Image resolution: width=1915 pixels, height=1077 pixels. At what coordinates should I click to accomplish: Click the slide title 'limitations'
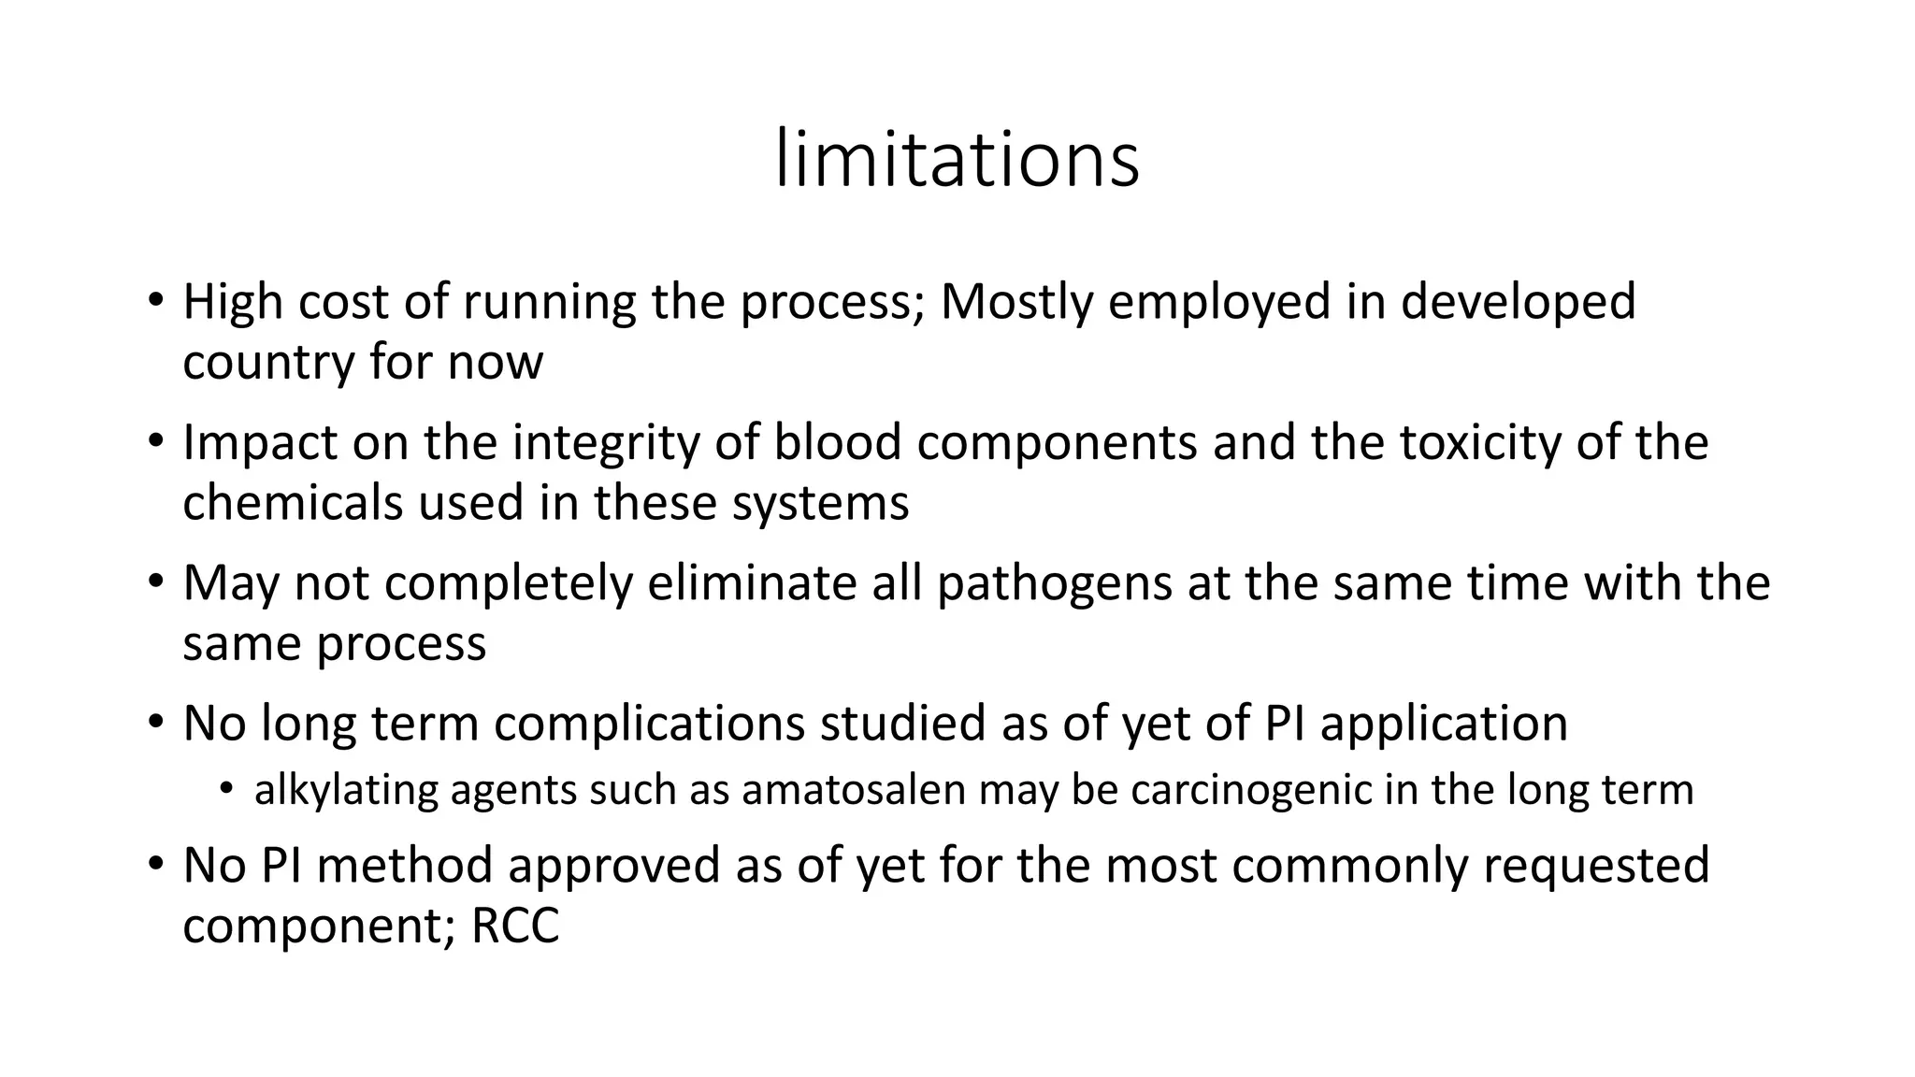(x=957, y=160)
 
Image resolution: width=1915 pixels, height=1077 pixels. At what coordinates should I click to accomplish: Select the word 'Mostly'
(x=1015, y=303)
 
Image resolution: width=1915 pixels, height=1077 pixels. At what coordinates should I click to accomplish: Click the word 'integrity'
(x=605, y=443)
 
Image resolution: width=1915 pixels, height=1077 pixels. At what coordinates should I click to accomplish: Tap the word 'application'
(x=1444, y=724)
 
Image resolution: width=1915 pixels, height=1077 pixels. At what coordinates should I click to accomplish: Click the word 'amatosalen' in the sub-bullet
(x=853, y=790)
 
